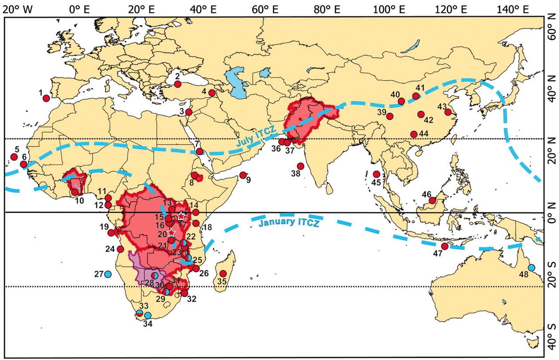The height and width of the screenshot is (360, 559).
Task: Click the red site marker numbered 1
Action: pos(46,98)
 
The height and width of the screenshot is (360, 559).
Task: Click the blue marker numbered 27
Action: pos(108,274)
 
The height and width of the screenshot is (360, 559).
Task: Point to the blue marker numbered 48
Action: pos(531,268)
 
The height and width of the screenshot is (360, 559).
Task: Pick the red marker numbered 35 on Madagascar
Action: pos(223,274)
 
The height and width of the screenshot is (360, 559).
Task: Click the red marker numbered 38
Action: pos(300,166)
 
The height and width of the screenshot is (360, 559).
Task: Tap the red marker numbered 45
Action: pos(377,174)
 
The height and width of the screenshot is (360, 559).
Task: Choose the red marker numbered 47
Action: pos(445,246)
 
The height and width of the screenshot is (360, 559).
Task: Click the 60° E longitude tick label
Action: pos(263,9)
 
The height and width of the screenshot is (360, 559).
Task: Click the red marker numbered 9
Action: pos(243,175)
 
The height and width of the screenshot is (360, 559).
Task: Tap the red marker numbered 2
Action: pos(177,84)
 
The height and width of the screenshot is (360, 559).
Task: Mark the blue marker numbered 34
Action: pos(148,315)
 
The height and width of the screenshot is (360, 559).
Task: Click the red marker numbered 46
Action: pos(432,200)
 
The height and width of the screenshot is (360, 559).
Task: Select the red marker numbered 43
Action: pos(448,112)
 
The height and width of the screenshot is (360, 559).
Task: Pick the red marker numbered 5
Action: pos(14,157)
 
